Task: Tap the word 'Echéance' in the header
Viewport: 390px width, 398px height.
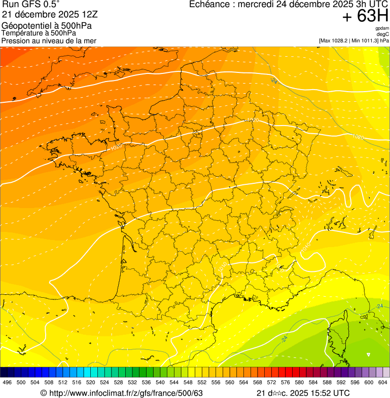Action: [x=208, y=5]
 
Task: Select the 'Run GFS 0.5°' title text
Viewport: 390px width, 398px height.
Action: [x=31, y=5]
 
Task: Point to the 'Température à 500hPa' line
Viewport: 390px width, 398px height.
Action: [x=39, y=33]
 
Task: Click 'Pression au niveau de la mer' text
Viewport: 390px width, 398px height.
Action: [x=49, y=41]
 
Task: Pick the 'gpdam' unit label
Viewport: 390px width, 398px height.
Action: [x=382, y=28]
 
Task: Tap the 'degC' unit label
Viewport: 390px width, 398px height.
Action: [x=383, y=34]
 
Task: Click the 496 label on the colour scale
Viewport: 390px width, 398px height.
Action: [x=7, y=383]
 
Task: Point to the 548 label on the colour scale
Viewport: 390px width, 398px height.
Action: [x=188, y=383]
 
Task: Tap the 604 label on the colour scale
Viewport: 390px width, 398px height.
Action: [x=382, y=383]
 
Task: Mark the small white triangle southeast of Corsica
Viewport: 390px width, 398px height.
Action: [x=369, y=355]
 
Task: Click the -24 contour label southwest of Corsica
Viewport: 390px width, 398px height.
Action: [x=284, y=338]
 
